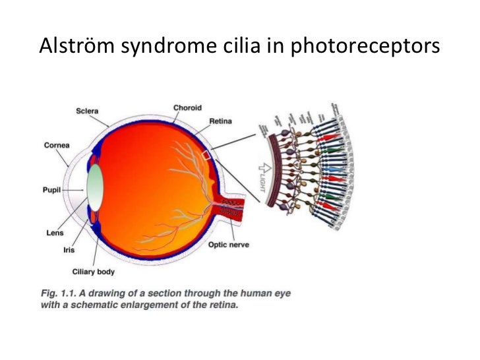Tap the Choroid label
coord(187,107)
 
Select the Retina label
coord(220,121)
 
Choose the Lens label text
coord(53,232)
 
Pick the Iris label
coord(69,250)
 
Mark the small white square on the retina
coord(206,155)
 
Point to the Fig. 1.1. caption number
coord(59,290)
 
